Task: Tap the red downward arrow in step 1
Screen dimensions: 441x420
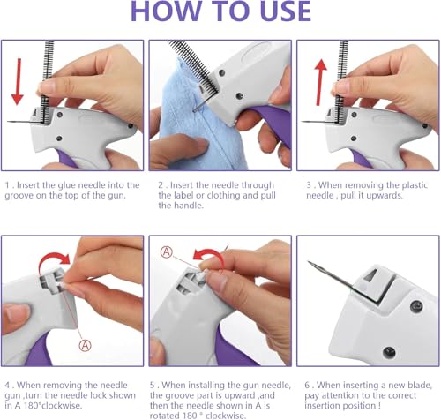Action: coord(18,81)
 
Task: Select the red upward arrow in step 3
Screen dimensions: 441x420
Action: coord(320,82)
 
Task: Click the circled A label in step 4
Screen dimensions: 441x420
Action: coord(85,345)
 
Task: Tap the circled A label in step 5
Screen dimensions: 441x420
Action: coord(167,252)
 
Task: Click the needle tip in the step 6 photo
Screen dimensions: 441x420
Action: coord(309,261)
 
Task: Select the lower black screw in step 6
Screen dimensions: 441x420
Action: coord(389,351)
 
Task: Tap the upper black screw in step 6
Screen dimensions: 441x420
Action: coord(416,306)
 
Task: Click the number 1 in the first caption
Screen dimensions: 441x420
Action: coord(8,185)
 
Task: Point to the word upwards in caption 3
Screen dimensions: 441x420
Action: coord(385,196)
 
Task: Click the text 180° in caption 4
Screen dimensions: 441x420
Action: coord(33,406)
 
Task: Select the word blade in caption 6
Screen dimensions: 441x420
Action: coord(419,385)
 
